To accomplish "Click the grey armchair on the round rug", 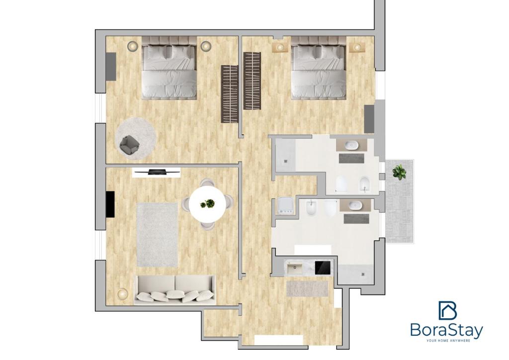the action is (x=130, y=145).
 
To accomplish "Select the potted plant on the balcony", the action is (x=399, y=172).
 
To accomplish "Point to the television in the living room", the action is (x=157, y=172).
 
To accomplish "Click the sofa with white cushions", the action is (x=175, y=290).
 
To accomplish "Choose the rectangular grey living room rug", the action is (x=157, y=235).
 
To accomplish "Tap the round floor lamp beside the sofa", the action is (x=123, y=293).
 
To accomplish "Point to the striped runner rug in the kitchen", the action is (x=307, y=288).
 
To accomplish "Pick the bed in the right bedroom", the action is (x=319, y=68).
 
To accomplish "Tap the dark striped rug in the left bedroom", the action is (x=230, y=94).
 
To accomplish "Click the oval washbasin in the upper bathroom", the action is (x=351, y=145).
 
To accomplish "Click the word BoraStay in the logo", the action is (x=447, y=330).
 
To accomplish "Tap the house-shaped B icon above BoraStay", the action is (x=448, y=310).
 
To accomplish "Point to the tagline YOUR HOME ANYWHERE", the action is (x=448, y=341).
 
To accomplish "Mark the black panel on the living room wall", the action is (x=110, y=204).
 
